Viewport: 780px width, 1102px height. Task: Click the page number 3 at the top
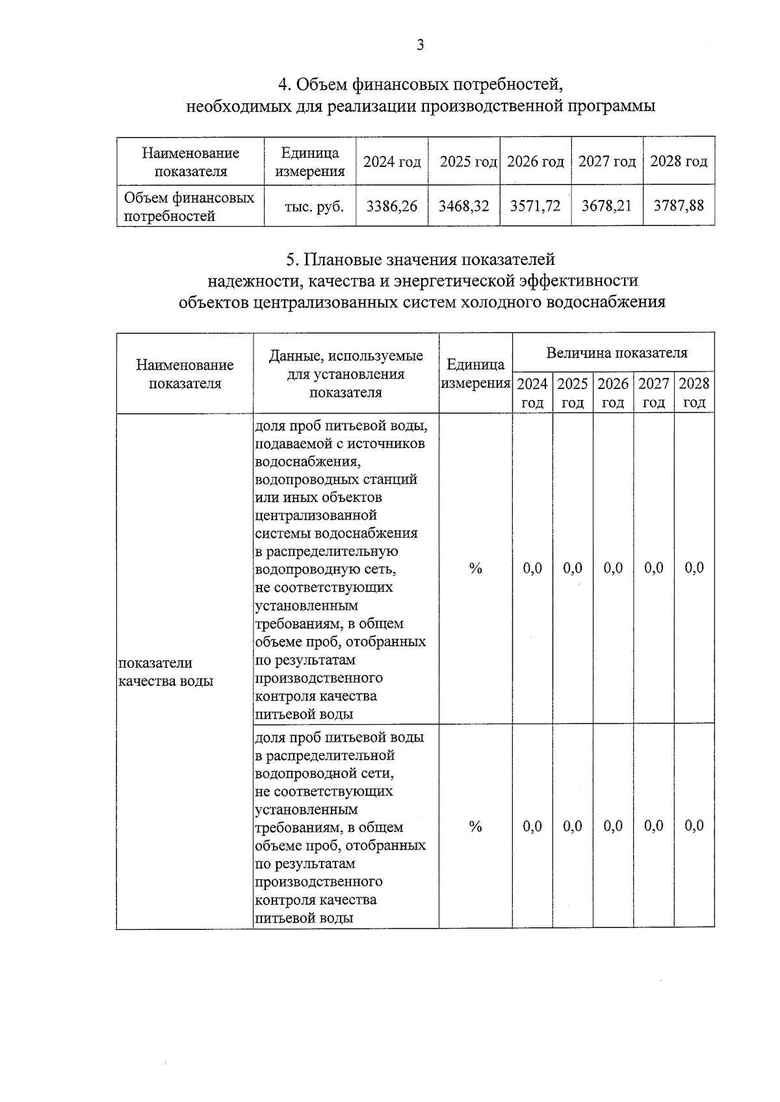[420, 45]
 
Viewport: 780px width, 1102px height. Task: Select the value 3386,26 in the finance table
[392, 207]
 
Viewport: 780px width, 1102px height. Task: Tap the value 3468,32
[463, 207]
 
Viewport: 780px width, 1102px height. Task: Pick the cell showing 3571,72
[535, 207]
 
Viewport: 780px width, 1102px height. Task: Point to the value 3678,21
[606, 207]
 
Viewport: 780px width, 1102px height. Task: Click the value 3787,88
[679, 207]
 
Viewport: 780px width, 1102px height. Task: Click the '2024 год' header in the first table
[392, 162]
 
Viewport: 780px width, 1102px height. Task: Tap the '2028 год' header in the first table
[679, 162]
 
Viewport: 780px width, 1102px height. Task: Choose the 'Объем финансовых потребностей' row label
[188, 207]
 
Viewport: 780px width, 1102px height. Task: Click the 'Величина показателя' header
[616, 353]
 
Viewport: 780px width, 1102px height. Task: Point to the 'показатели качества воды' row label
[166, 671]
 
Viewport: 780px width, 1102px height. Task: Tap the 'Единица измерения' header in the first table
[310, 162]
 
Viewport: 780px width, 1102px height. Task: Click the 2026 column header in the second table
[613, 392]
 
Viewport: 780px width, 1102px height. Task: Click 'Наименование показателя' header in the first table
[190, 162]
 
